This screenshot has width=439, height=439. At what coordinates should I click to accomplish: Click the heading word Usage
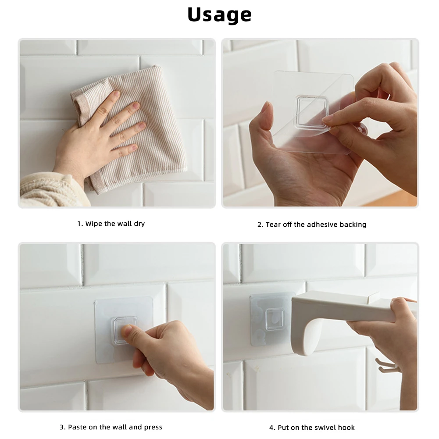pyautogui.click(x=219, y=15)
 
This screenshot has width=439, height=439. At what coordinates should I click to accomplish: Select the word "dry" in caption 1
pyautogui.click(x=139, y=224)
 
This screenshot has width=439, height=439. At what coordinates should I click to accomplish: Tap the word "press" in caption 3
pyautogui.click(x=153, y=428)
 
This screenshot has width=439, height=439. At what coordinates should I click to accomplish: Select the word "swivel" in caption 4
pyautogui.click(x=325, y=428)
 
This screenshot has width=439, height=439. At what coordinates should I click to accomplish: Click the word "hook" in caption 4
pyautogui.click(x=346, y=428)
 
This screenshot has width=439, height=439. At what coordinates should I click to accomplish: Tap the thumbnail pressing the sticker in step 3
pyautogui.click(x=127, y=329)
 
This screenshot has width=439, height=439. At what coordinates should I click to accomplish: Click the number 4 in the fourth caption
pyautogui.click(x=271, y=428)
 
